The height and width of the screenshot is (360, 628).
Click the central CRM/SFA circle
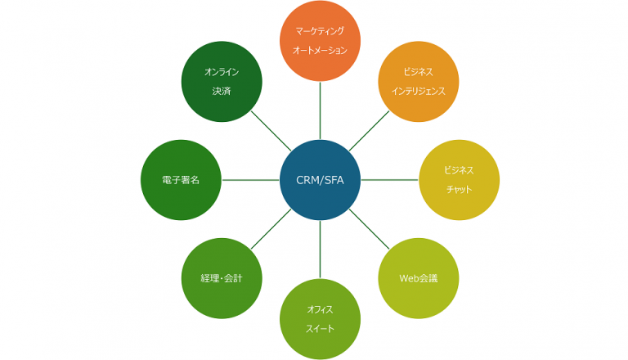(x=320, y=179)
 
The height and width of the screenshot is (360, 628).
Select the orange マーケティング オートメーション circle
(x=320, y=41)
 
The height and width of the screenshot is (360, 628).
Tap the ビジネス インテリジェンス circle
(x=418, y=82)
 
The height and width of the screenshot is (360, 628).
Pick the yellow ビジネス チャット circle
(x=459, y=179)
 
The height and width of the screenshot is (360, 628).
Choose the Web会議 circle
(x=418, y=278)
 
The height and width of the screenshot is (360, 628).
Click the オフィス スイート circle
(x=320, y=318)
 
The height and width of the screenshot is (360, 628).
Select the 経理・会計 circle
(x=222, y=278)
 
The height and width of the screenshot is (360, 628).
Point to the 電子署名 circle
(x=181, y=179)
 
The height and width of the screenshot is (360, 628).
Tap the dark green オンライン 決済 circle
(x=222, y=82)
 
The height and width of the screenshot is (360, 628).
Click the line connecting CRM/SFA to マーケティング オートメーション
(x=320, y=110)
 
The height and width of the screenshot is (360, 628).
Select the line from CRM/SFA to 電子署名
(x=250, y=179)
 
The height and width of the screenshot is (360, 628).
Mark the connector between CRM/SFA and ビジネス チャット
(x=389, y=179)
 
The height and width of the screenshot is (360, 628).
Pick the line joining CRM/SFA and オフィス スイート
(x=320, y=249)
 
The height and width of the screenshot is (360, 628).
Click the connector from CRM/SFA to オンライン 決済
(x=271, y=131)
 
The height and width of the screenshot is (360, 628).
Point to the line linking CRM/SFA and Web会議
(x=369, y=229)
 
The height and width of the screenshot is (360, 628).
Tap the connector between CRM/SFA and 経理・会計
(x=271, y=229)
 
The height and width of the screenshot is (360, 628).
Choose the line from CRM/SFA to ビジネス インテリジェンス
(x=369, y=131)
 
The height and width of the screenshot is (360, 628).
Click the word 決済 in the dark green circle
(x=222, y=92)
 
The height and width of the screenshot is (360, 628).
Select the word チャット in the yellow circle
(x=459, y=190)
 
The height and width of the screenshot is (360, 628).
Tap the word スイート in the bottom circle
(x=320, y=329)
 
